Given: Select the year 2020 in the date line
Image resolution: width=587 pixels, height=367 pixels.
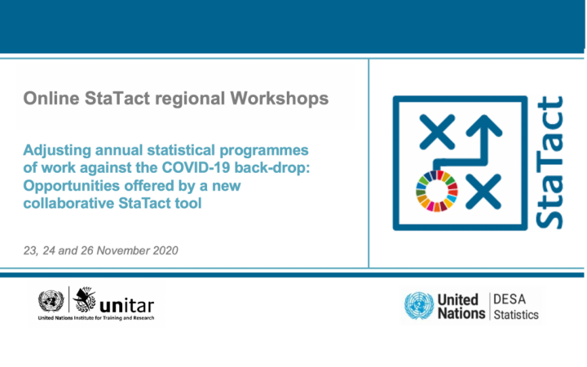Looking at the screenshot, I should pyautogui.click(x=161, y=250).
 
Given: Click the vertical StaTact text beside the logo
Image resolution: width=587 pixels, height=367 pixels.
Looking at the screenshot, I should pyautogui.click(x=550, y=162).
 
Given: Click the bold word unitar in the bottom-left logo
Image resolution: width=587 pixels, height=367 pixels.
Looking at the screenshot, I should pyautogui.click(x=126, y=306).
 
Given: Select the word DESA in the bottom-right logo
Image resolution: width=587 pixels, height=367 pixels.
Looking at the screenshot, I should pyautogui.click(x=512, y=299).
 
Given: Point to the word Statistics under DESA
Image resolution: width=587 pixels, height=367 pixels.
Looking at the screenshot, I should pyautogui.click(x=517, y=315).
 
